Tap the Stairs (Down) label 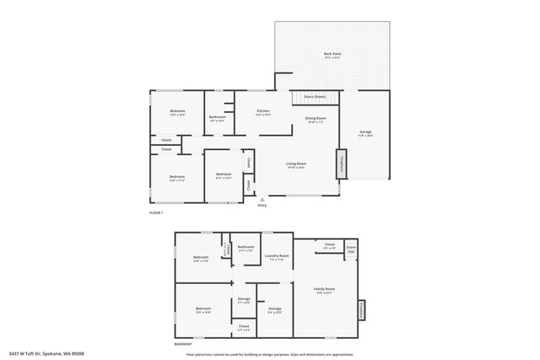tap(315, 97)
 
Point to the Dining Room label tap(316, 119)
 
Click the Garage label tap(365, 132)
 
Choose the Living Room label tap(295, 164)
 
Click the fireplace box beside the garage tap(342, 165)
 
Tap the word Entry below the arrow tap(262, 205)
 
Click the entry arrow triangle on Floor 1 tap(262, 199)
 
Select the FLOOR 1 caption tap(155, 214)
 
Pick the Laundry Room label tap(277, 256)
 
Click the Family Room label tap(325, 290)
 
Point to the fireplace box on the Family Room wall tap(361, 311)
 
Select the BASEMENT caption tap(182, 343)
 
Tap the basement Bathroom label tap(247, 249)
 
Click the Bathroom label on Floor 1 tap(218, 118)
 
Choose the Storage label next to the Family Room tap(275, 309)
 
